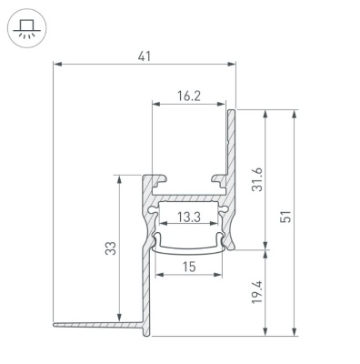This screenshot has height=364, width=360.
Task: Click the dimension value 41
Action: click(145, 56)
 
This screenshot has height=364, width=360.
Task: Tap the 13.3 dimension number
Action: click(189, 217)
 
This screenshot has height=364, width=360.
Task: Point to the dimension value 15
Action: click(189, 267)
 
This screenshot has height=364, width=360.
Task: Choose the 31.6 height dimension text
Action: click(257, 180)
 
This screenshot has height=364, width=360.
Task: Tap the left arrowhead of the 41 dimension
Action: click(56, 66)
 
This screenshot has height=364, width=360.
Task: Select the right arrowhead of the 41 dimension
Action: click(234, 66)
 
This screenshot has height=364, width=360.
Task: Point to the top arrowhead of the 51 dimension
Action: click(294, 113)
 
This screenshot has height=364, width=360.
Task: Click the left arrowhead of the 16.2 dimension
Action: click(154, 102)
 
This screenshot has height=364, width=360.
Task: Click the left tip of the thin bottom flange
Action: click(55, 324)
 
